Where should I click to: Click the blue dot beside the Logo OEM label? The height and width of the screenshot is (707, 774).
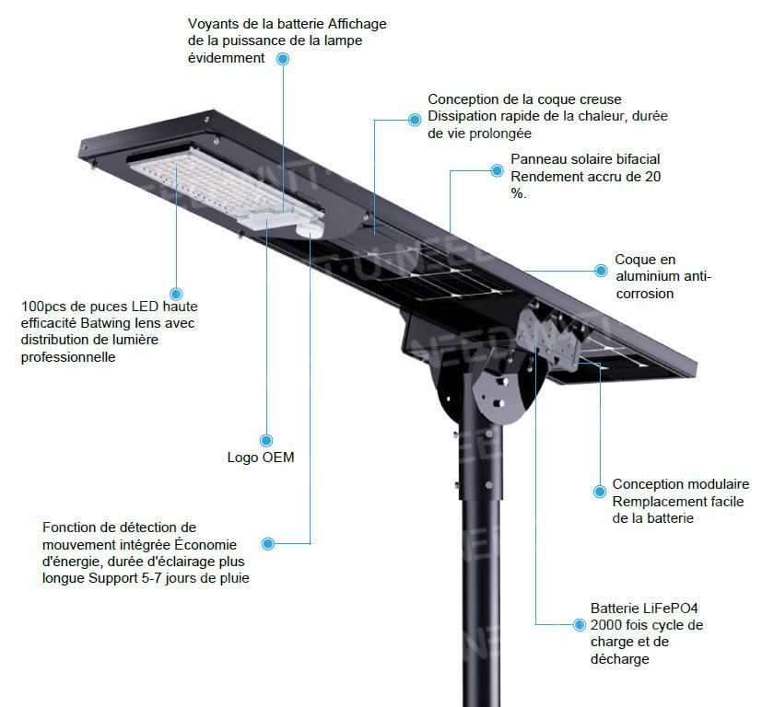tap(266, 440)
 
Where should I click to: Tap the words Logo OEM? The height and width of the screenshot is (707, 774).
tap(261, 458)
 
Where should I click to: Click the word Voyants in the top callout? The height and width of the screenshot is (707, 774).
tap(211, 23)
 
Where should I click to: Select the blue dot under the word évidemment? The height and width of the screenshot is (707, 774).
tap(283, 58)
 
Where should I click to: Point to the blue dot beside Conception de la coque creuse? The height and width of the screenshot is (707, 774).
tap(414, 118)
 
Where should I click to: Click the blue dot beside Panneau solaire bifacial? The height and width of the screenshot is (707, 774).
tap(497, 168)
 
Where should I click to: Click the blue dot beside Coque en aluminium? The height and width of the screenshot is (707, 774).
tap(601, 271)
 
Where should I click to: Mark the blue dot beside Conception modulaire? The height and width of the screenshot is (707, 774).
tap(599, 485)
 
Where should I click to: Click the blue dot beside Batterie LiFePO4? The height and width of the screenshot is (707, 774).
tap(579, 624)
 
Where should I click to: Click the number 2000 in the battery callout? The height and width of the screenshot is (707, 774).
tap(609, 625)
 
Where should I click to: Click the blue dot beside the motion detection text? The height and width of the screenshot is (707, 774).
tap(268, 543)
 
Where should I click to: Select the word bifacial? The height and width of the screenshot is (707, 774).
tap(636, 159)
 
